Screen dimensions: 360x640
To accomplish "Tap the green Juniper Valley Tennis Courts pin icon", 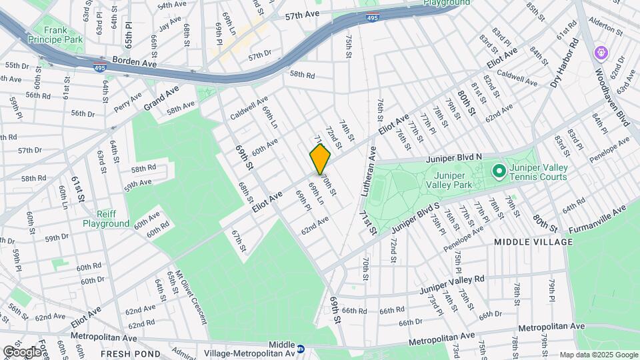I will (499, 172).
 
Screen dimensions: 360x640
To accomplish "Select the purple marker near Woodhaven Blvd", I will (601, 51).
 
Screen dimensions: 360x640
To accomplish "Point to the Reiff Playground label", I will (106, 219).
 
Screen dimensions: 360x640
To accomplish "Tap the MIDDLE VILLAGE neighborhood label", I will (534, 241).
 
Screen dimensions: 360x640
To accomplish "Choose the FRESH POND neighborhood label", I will (130, 353).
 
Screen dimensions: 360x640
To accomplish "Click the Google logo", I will (21, 352).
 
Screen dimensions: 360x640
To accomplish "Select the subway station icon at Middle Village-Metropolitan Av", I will (301, 348).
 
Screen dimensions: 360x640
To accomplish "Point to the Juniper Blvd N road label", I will (451, 157).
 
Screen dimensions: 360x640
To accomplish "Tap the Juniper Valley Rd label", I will (451, 285).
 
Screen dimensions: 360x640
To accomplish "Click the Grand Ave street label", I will (163, 97).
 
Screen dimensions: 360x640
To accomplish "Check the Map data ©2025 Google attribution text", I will (598, 355).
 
